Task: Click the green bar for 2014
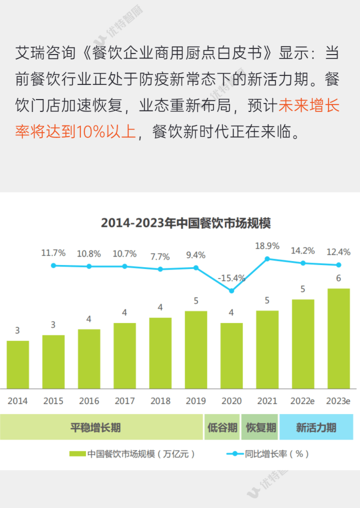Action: point(18,364)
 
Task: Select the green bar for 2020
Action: point(231,355)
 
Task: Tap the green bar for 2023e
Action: point(339,338)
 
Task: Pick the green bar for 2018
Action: point(160,353)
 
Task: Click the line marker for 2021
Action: point(267,259)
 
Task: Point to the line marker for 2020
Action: point(231,290)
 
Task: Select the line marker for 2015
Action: point(53,265)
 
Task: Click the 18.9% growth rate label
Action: point(267,246)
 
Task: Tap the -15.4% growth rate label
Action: point(231,278)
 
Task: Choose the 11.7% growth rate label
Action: point(53,253)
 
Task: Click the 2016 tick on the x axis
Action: point(89,401)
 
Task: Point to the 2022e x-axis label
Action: point(303,401)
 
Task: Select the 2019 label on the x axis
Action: point(196,401)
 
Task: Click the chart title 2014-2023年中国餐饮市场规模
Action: point(186,223)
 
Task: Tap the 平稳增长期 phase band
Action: point(101,427)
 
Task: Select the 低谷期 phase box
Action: point(222,427)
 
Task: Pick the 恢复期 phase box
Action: point(259,427)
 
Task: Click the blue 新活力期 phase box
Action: point(316,427)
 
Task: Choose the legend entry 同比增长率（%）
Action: point(270,453)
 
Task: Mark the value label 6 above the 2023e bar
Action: point(339,278)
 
